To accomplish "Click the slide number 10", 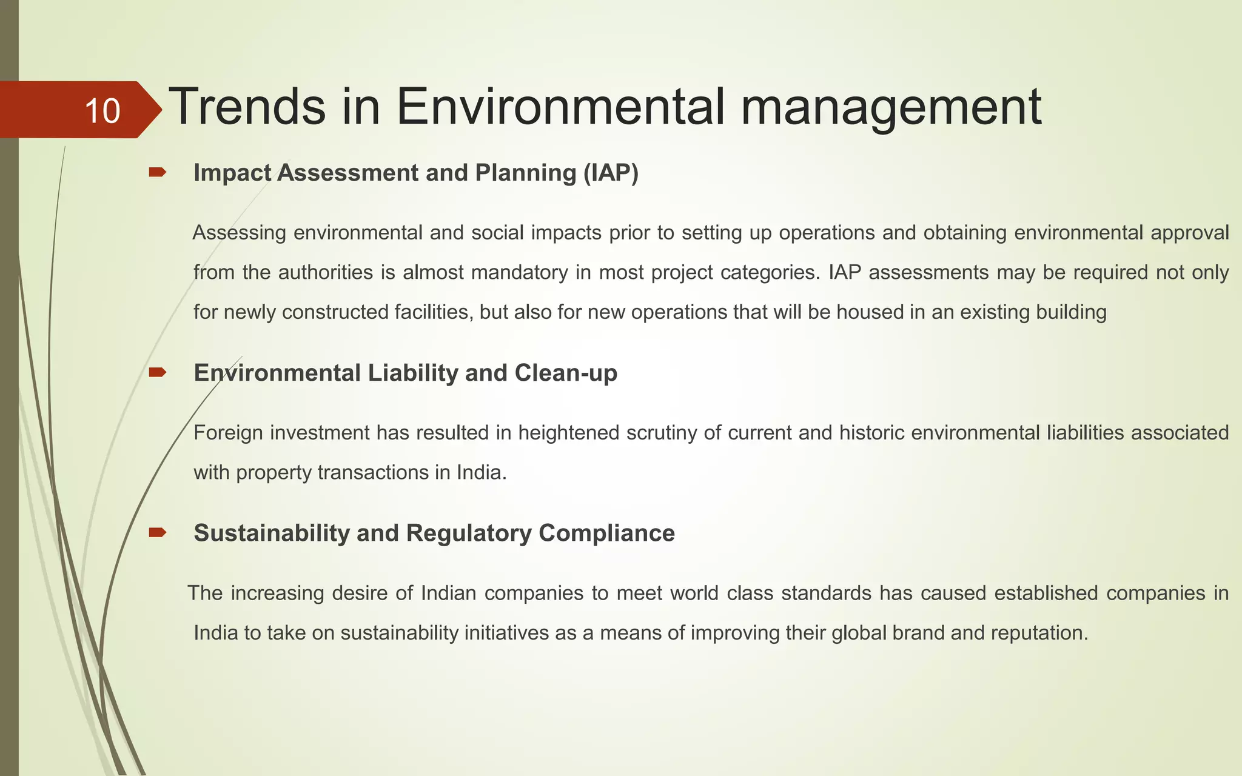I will (x=102, y=111).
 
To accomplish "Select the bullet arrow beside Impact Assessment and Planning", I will (x=157, y=173).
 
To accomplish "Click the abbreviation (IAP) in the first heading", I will (x=610, y=173).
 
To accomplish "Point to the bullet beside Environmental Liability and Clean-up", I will (x=157, y=372).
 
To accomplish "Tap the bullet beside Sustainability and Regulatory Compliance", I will (x=157, y=533).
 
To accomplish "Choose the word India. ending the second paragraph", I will (x=482, y=472).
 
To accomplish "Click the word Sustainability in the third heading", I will (x=271, y=533).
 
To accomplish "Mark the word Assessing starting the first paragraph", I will (x=239, y=233).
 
